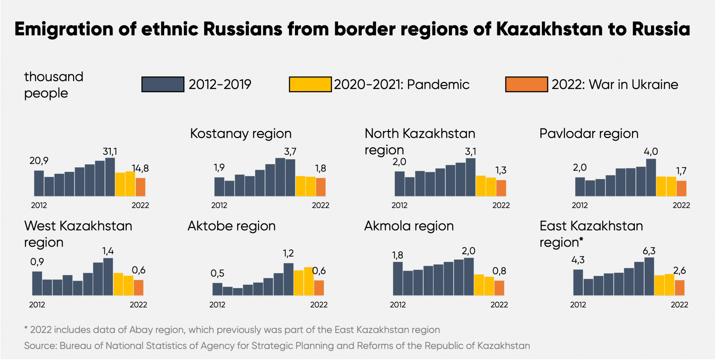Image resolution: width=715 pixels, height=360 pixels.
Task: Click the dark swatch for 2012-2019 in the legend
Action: point(163,85)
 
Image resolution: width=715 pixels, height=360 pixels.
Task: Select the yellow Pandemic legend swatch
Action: point(310,85)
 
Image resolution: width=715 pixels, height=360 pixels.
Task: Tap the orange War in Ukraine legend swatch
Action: point(526,85)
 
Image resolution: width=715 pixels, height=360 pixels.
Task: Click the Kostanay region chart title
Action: point(241,133)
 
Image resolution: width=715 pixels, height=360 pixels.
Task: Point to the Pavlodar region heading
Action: point(589,133)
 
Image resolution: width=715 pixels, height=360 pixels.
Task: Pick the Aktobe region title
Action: point(231,226)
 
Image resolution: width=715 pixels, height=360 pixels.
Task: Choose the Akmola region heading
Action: point(409,226)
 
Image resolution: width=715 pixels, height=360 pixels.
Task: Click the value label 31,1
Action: point(110,152)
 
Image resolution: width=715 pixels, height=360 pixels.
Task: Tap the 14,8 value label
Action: point(140,169)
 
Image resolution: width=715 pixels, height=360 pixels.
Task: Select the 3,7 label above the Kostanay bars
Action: point(290,152)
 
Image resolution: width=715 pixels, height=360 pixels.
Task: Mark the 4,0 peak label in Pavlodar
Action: point(651,152)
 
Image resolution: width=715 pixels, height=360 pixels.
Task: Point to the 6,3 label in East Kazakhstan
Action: point(649,251)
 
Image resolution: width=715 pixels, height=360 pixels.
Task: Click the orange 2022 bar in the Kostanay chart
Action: point(320,187)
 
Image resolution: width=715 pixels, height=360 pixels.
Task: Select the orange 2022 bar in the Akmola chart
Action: point(499,288)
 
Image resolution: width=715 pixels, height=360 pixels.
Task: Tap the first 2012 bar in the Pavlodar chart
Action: point(580,187)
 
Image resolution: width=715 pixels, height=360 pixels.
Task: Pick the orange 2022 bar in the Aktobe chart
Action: point(319,288)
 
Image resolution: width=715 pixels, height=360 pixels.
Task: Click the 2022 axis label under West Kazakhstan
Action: point(138,305)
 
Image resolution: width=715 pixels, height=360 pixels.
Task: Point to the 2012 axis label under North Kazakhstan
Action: point(399,205)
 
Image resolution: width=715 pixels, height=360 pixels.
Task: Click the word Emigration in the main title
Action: point(64,29)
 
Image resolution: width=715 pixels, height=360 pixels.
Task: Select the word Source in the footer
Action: point(40,346)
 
